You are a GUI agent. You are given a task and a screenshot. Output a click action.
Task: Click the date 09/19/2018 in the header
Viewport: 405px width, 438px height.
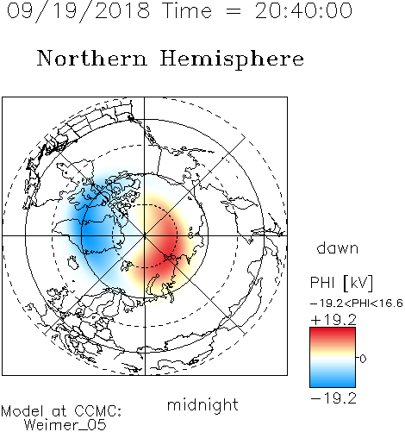[78, 11]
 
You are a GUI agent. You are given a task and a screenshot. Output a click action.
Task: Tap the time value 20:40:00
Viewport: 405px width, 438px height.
[303, 10]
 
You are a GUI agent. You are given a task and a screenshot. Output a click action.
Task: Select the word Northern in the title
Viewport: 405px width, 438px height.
[92, 58]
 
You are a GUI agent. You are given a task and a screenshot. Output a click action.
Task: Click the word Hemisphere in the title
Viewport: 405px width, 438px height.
[232, 59]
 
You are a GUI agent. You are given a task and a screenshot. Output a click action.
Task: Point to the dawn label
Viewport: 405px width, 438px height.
[338, 247]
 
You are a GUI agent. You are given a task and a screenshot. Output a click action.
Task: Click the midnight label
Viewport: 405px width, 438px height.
[202, 405]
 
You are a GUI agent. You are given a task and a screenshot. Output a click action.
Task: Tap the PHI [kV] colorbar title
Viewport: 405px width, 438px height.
[341, 283]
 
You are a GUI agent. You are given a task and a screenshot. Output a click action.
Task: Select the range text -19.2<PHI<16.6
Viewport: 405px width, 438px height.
[357, 303]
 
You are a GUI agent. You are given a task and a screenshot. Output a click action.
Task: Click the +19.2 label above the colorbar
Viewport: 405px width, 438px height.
[333, 320]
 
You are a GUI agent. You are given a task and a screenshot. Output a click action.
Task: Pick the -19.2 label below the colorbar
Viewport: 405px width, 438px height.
[333, 398]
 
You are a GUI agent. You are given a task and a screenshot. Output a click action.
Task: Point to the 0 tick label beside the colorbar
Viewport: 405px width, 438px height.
[363, 359]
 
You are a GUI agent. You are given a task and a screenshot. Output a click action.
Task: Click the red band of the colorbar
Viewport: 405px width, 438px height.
[333, 335]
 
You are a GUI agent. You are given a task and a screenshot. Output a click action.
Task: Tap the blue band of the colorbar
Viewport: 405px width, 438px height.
[333, 380]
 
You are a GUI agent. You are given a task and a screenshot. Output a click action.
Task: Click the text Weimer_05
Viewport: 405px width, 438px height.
[65, 425]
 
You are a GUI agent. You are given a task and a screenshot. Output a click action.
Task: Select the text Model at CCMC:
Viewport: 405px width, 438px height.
[61, 411]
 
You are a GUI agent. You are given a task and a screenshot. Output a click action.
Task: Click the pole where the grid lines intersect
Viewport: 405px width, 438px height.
[145, 235]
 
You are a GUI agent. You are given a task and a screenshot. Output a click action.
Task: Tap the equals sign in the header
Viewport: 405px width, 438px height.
[234, 11]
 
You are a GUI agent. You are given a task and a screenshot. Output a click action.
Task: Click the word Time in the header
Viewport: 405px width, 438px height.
[187, 11]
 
